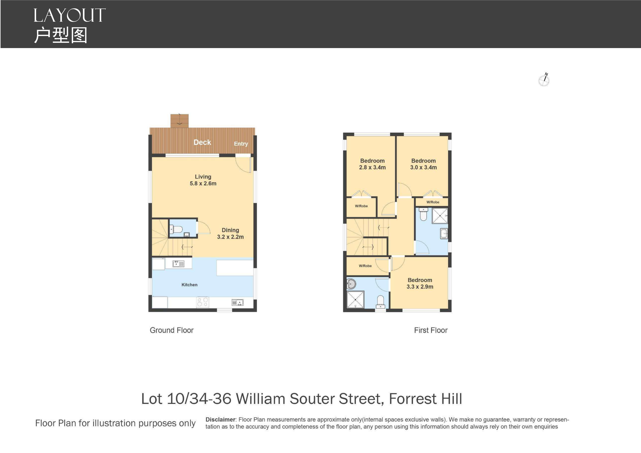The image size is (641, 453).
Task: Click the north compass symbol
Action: tap(544, 80)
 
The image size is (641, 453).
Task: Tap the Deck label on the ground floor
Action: tap(202, 142)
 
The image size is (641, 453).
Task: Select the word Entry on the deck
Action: tap(241, 144)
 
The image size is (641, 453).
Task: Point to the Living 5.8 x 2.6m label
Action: tap(203, 180)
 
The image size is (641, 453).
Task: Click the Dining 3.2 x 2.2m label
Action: tap(230, 234)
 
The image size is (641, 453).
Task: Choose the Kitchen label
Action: tap(189, 285)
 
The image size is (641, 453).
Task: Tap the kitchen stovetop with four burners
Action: tap(203, 302)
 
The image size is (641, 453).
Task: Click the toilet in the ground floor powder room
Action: tap(176, 230)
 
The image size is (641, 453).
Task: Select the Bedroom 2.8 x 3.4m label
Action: tap(372, 164)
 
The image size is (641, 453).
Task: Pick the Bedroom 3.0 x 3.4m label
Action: tap(423, 164)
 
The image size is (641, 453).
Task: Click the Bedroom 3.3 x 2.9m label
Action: tap(420, 284)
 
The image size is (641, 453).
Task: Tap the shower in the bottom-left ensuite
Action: tap(355, 299)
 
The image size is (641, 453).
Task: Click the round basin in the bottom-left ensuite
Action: tap(351, 284)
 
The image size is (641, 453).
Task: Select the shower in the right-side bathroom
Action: tap(440, 215)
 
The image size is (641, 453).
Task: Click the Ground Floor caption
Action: tap(172, 330)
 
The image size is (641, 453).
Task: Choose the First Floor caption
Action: tap(431, 330)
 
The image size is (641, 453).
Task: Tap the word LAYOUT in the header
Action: tap(69, 16)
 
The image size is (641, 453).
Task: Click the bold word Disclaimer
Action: tap(220, 420)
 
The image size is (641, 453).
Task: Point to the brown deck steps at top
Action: tap(180, 121)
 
